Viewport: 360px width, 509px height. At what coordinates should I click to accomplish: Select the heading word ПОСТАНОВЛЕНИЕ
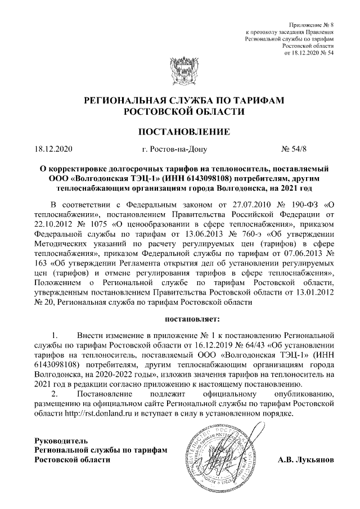(x=179, y=133)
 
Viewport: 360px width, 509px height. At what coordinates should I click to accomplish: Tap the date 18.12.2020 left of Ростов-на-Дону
(x=54, y=150)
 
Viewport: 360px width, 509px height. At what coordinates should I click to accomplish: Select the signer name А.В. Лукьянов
(x=306, y=460)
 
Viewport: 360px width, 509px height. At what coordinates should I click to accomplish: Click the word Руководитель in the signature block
(x=61, y=439)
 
